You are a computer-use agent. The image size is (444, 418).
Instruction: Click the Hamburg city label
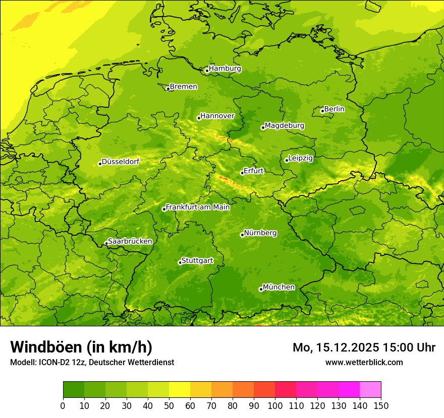[x=225, y=68]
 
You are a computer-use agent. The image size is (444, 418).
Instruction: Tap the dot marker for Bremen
[x=168, y=89]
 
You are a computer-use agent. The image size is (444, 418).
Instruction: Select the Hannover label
[x=217, y=116]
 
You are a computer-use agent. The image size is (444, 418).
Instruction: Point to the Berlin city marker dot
[x=322, y=111]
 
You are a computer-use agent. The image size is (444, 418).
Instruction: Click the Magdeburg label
[x=285, y=125]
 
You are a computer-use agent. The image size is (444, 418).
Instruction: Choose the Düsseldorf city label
[x=121, y=162]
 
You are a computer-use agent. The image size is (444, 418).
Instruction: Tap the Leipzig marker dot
[x=287, y=160]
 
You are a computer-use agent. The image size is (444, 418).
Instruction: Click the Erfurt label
[x=254, y=171]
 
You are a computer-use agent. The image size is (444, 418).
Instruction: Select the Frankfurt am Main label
[x=198, y=207]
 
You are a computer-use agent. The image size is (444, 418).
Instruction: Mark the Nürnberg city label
[x=260, y=233]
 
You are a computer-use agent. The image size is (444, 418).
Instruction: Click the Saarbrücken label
[x=130, y=241]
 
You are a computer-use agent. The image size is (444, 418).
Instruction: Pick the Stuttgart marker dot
[x=180, y=262]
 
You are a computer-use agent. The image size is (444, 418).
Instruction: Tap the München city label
[x=279, y=287]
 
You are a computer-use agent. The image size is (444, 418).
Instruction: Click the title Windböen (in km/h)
[x=81, y=347]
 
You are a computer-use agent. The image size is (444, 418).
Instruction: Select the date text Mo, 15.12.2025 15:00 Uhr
[x=364, y=347]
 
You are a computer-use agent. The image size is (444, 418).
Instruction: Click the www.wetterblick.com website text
[x=364, y=362]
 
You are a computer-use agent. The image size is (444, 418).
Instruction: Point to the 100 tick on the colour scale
[x=275, y=405]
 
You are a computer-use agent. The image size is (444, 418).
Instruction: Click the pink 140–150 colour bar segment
[x=370, y=390]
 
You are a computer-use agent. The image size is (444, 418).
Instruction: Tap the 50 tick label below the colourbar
[x=169, y=405]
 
